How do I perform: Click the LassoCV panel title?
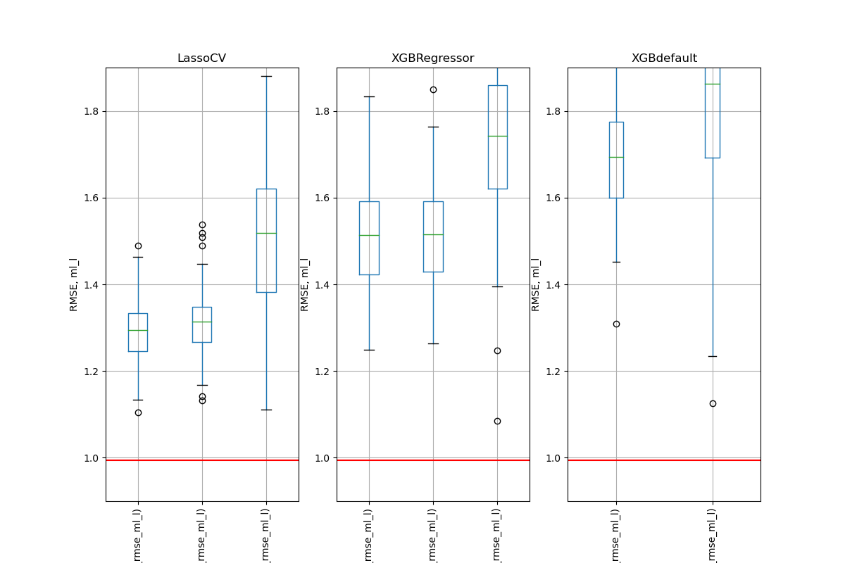pyautogui.click(x=201, y=58)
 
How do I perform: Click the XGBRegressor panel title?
pyautogui.click(x=432, y=58)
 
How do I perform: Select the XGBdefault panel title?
pyautogui.click(x=664, y=58)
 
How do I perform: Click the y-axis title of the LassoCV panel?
pyautogui.click(x=74, y=284)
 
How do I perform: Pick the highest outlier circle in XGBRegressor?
pyautogui.click(x=433, y=89)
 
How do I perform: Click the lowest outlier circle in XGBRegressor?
pyautogui.click(x=497, y=421)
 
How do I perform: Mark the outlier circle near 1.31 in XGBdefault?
pyautogui.click(x=616, y=324)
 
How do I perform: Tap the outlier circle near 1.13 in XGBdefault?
pyautogui.click(x=713, y=403)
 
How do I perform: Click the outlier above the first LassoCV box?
pyautogui.click(x=138, y=246)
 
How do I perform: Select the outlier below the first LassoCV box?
pyautogui.click(x=138, y=412)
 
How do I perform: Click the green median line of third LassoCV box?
pyautogui.click(x=266, y=233)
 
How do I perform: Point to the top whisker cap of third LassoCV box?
pyautogui.click(x=266, y=76)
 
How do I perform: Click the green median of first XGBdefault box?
pyautogui.click(x=616, y=157)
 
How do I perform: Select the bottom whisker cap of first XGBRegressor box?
pyautogui.click(x=369, y=350)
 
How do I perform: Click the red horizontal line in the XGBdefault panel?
pyautogui.click(x=664, y=460)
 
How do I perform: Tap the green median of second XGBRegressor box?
pyautogui.click(x=433, y=234)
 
